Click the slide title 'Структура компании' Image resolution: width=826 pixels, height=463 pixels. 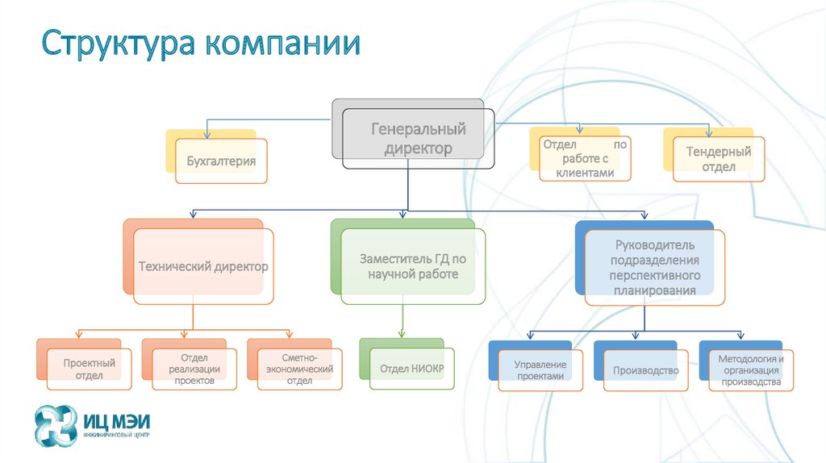click(202, 44)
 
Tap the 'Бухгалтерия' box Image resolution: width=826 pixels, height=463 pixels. click(221, 161)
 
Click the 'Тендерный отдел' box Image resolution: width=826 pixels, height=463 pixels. click(718, 159)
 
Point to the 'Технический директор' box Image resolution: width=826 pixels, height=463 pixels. click(202, 266)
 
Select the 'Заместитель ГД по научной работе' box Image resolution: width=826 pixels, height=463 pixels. click(413, 267)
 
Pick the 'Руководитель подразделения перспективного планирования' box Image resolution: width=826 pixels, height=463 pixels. click(653, 267)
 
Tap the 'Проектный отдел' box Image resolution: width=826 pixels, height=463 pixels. click(89, 369)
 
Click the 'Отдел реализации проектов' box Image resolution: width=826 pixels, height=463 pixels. click(194, 369)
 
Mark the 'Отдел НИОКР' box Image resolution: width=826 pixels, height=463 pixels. click(411, 369)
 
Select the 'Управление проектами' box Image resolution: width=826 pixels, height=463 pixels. click(540, 369)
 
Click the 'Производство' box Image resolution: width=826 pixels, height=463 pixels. click(645, 370)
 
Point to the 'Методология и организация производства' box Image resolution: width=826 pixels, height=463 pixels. click(751, 369)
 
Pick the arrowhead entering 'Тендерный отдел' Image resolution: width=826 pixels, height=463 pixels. click(709, 131)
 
